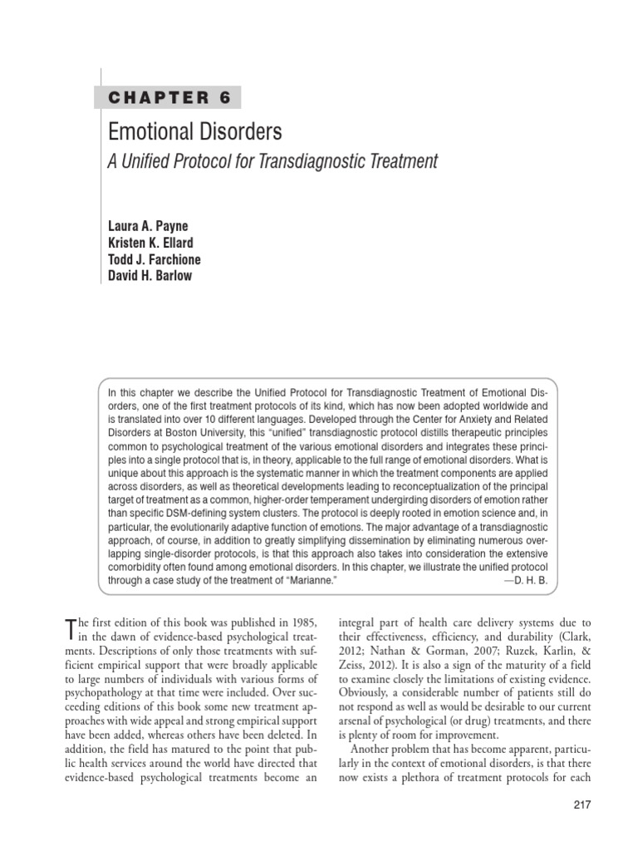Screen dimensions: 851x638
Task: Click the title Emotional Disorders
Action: [x=195, y=132]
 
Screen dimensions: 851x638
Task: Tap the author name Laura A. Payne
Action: [x=148, y=227]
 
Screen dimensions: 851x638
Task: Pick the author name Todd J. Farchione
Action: [x=155, y=259]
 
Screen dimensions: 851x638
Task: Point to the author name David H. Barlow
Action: [x=150, y=275]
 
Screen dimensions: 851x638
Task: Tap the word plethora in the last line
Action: [x=439, y=780]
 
